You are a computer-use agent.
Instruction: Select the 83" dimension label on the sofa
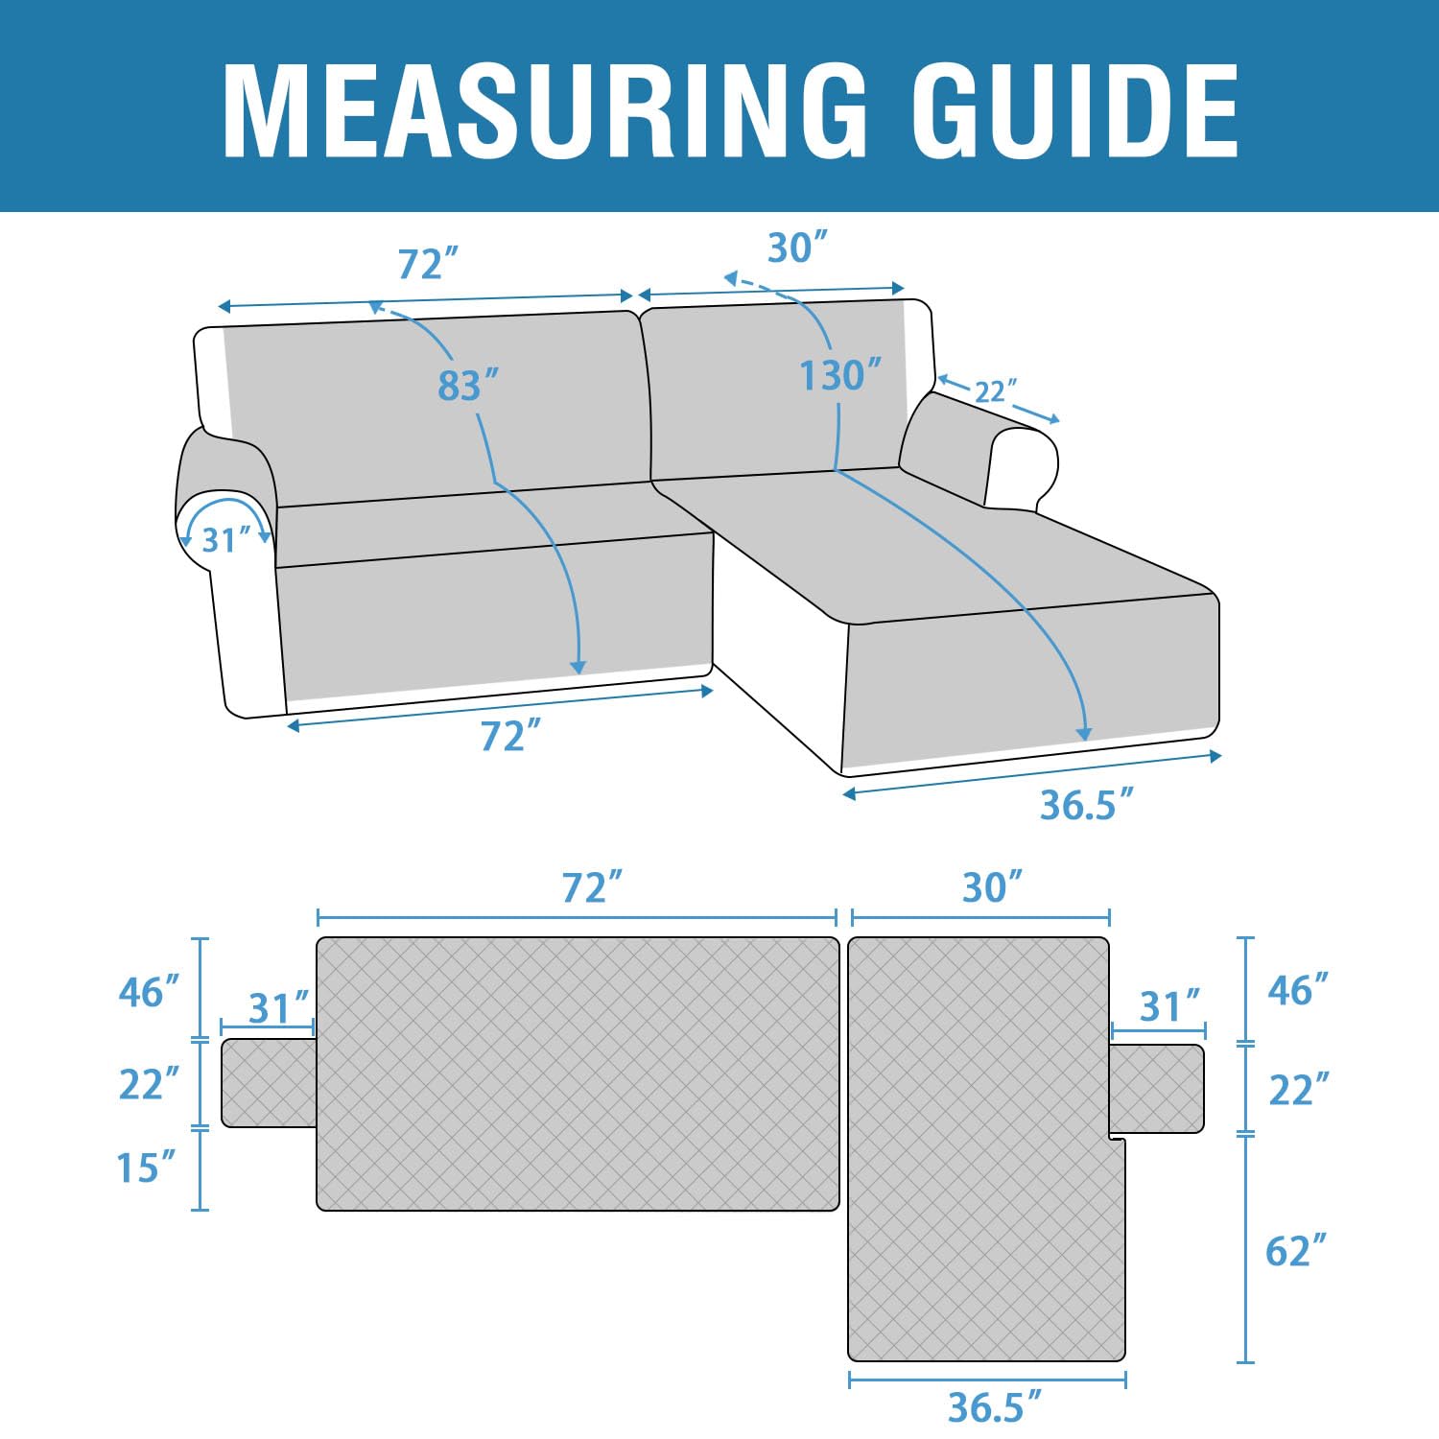click(x=469, y=386)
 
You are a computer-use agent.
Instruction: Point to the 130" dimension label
click(x=841, y=375)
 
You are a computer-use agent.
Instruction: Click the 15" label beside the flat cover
click(x=147, y=1168)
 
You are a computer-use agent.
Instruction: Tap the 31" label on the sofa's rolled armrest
click(x=225, y=540)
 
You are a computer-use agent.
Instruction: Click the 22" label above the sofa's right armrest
click(x=996, y=391)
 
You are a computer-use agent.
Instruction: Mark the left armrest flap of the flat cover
click(x=270, y=1083)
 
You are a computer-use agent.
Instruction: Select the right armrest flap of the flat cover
click(x=1157, y=1089)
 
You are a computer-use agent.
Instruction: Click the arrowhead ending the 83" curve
click(x=578, y=667)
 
